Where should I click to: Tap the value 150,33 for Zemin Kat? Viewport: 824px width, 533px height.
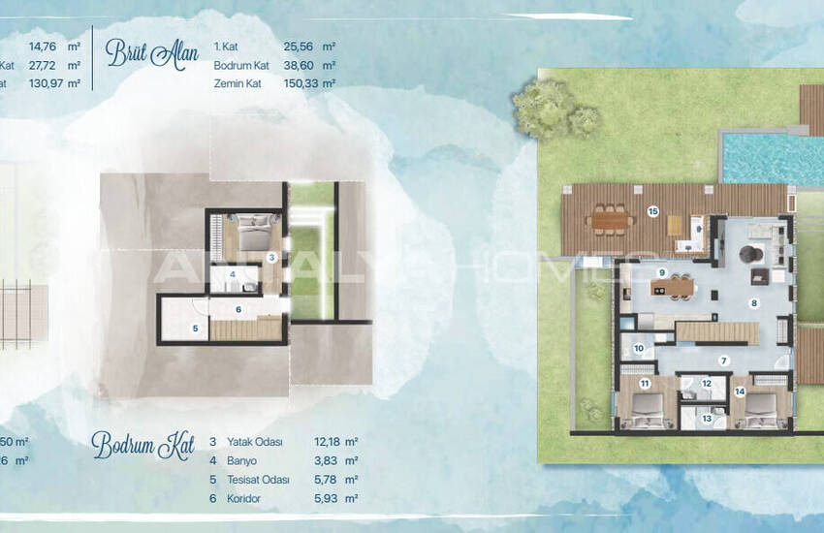pos(299,83)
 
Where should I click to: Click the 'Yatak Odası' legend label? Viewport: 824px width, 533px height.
pos(254,442)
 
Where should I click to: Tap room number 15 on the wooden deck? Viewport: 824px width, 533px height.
pos(652,211)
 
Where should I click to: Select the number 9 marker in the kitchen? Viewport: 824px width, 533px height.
pos(661,273)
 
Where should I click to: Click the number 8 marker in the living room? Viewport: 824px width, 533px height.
pos(752,302)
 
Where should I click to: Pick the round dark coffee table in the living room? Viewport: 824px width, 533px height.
pos(747,253)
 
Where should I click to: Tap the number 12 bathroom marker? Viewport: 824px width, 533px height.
pos(707,384)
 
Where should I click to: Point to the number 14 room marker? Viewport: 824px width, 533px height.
pos(740,392)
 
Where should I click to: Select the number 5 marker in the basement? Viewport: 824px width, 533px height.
pos(194,329)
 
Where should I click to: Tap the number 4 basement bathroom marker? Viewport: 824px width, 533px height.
pos(233,274)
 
